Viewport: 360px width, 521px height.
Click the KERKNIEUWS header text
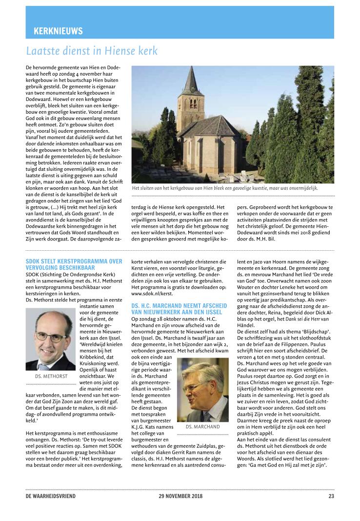click(x=58, y=31)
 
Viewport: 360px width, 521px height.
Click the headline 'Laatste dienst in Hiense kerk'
click(x=92, y=51)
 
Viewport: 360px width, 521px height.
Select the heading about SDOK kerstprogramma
click(x=74, y=264)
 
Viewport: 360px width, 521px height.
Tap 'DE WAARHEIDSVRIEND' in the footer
click(x=51, y=497)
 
